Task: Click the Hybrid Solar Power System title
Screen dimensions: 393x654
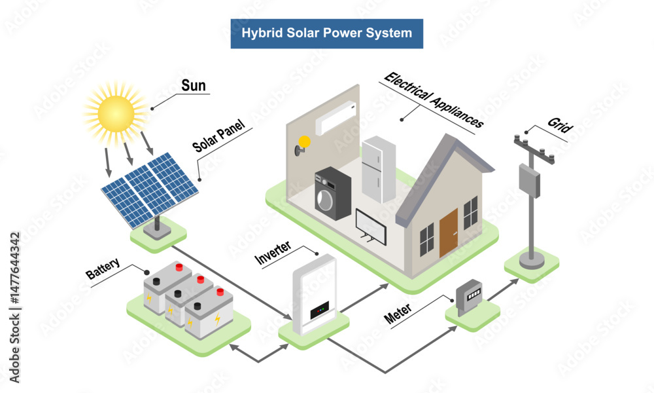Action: click(x=326, y=33)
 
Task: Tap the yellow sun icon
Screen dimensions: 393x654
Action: click(x=116, y=112)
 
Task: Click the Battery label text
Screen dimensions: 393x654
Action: click(x=103, y=270)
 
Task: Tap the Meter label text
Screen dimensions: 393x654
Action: click(x=402, y=313)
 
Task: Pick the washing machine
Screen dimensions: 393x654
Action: click(x=333, y=193)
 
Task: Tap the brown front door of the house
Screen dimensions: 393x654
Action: click(x=449, y=233)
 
